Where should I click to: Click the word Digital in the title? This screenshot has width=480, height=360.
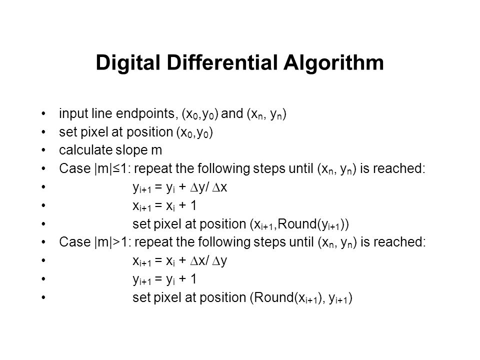(x=128, y=63)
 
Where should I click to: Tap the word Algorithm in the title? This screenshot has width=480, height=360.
(x=333, y=63)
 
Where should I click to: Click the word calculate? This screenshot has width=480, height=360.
(x=85, y=150)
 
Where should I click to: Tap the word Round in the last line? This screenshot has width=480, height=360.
(x=273, y=297)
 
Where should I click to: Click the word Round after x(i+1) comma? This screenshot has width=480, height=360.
(x=297, y=224)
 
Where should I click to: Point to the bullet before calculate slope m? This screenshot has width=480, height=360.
(x=43, y=150)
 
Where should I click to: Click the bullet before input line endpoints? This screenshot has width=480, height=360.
(x=43, y=113)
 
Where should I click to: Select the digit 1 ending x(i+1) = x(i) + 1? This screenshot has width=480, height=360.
(x=193, y=205)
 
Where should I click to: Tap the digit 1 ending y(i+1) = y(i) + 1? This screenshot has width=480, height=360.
(x=193, y=279)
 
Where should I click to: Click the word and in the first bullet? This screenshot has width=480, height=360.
(x=232, y=113)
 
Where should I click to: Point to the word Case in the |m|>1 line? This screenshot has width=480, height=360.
(x=75, y=242)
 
